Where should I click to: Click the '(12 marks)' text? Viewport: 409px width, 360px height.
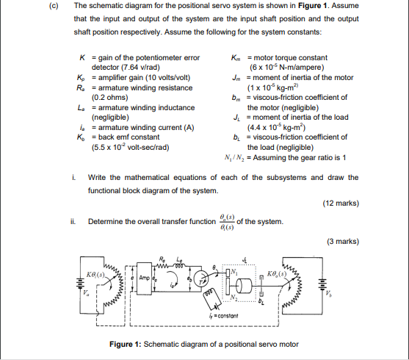pos(341,204)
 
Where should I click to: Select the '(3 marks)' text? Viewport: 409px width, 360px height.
pos(342,240)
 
